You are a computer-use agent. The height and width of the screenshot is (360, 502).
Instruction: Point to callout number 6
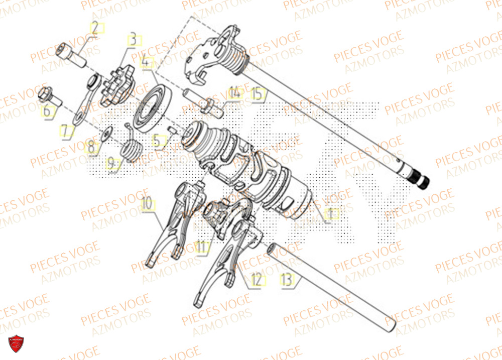point(47,111)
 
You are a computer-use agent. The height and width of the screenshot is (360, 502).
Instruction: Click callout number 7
point(65,132)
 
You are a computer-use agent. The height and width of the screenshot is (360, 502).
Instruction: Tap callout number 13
point(287,280)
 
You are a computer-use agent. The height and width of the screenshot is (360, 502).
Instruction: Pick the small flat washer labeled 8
point(106,134)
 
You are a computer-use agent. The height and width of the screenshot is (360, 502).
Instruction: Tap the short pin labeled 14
point(201,99)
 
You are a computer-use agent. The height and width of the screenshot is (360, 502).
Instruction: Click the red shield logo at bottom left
point(17,345)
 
